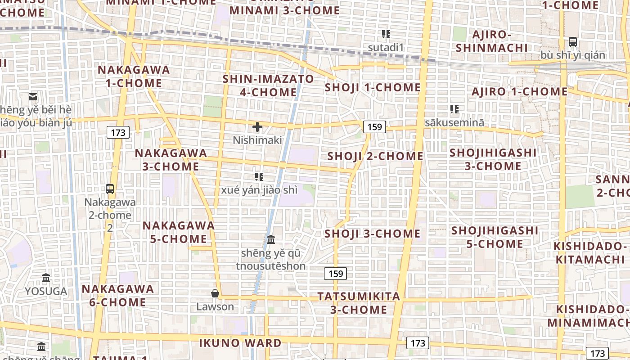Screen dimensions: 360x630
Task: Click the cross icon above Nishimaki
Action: (257, 127)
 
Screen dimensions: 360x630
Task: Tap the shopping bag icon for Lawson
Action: (215, 293)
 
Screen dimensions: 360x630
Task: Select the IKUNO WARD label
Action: (240, 343)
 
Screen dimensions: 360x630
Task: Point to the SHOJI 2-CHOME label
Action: (375, 156)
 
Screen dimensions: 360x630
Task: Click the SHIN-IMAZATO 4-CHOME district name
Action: (269, 85)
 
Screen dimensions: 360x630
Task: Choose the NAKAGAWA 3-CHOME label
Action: (171, 160)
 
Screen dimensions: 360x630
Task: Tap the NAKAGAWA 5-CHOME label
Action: (179, 232)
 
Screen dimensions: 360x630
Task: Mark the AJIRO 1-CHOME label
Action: (520, 92)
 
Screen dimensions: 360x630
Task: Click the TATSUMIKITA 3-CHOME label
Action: (359, 303)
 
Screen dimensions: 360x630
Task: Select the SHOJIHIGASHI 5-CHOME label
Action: (495, 237)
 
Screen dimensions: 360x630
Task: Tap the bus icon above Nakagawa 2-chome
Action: (110, 189)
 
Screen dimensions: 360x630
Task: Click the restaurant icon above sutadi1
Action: (386, 34)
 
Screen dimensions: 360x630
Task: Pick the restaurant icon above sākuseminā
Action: (454, 109)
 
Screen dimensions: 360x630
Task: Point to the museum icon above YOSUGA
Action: (46, 278)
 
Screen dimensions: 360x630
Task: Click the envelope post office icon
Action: (33, 96)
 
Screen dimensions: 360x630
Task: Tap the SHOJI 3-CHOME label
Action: (372, 234)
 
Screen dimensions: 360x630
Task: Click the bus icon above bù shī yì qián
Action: (573, 42)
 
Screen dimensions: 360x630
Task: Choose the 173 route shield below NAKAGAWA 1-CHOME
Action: (118, 132)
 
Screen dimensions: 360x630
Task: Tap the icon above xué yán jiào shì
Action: (259, 176)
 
